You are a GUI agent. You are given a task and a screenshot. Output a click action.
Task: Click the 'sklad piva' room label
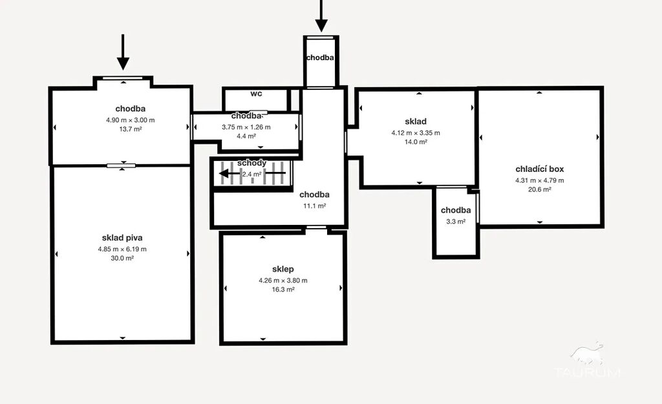tap(122, 238)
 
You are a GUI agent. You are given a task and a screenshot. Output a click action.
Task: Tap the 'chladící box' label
tap(540, 169)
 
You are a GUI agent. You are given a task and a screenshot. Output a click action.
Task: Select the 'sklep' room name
tap(283, 270)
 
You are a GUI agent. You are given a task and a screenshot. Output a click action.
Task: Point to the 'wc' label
tap(256, 93)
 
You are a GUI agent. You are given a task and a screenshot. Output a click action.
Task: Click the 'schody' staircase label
tap(251, 163)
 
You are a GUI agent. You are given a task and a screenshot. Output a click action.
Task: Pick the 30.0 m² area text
tap(122, 258)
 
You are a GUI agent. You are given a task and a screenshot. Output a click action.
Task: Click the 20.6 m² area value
tap(540, 189)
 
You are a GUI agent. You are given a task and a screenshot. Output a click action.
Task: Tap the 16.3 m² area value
tap(283, 289)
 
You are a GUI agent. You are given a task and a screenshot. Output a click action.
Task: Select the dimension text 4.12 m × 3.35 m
tap(416, 133)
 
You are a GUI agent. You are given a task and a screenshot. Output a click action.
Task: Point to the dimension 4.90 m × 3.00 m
tap(131, 120)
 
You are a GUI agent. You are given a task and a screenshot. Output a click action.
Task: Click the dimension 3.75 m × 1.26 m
tap(246, 127)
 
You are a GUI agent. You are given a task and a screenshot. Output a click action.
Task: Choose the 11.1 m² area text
tap(315, 206)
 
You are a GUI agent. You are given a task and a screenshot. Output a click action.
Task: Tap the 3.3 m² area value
tap(456, 221)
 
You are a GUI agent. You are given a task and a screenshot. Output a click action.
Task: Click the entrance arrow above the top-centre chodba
tap(321, 16)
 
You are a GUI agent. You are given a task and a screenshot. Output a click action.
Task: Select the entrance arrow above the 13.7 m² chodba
tap(123, 52)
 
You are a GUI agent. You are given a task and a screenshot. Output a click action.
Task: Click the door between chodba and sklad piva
tap(121, 165)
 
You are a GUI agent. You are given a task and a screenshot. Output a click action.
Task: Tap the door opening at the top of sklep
tap(316, 228)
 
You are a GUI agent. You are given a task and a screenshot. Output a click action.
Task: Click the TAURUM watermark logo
tap(587, 361)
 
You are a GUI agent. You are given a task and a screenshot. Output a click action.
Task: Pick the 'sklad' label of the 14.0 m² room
tap(416, 122)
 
